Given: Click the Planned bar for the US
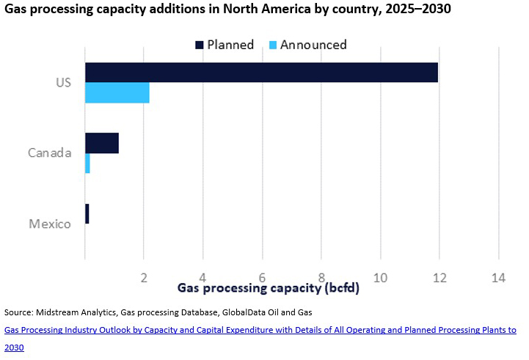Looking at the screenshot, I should (x=261, y=73).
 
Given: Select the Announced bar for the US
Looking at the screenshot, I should (x=117, y=92).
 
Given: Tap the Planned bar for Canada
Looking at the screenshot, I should (x=102, y=143).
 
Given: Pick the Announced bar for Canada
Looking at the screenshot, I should (x=87, y=163).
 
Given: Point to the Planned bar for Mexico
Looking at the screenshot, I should (x=87, y=213).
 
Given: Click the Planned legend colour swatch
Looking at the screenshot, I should (x=199, y=45).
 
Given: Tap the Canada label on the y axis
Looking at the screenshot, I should (x=49, y=153).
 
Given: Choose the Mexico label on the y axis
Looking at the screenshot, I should (x=50, y=224).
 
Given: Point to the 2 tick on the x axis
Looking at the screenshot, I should (x=145, y=277).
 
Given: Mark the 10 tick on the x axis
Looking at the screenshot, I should (x=380, y=277).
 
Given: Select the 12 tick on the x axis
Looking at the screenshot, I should (x=439, y=277).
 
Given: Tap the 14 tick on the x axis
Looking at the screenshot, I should (x=499, y=277).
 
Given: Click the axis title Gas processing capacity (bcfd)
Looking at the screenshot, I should (x=269, y=287).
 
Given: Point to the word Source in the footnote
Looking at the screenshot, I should (x=19, y=312).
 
